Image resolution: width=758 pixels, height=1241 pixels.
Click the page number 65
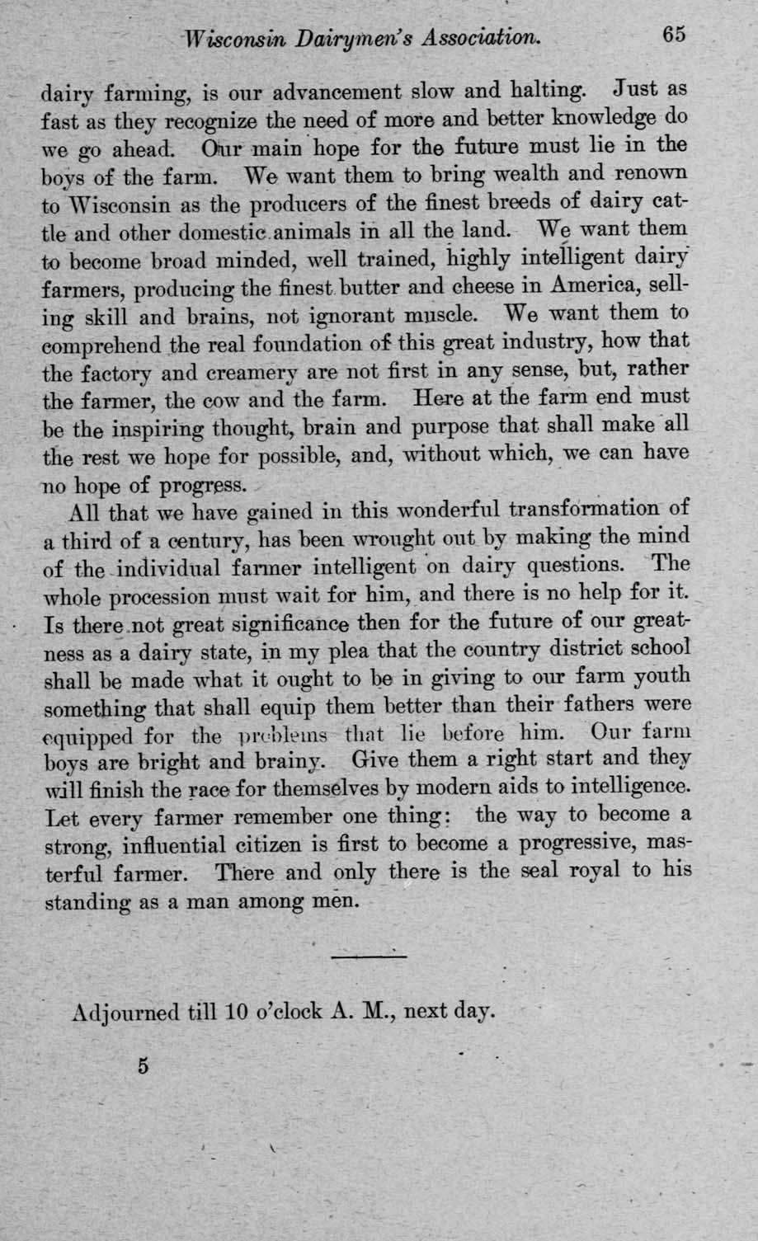673,35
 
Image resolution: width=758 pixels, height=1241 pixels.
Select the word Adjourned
125,1011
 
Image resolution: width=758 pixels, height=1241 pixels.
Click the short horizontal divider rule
370,957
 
